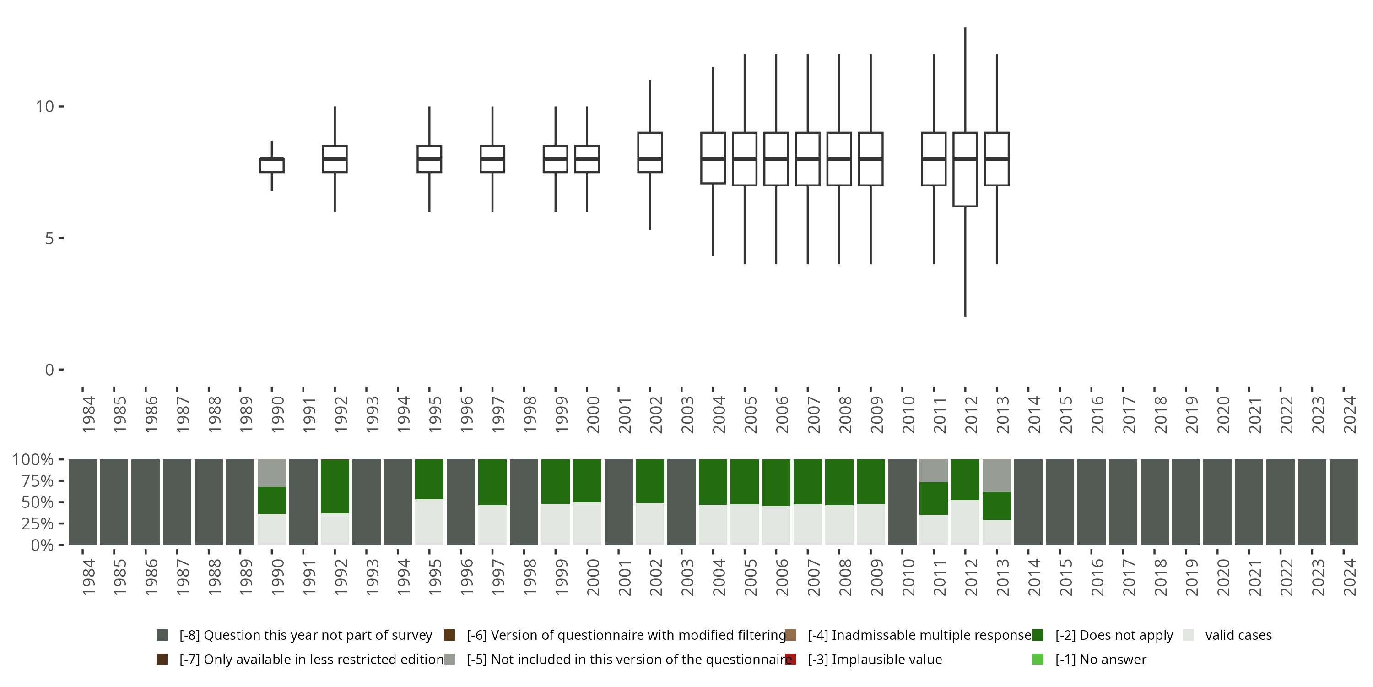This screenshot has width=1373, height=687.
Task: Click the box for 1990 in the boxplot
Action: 272,165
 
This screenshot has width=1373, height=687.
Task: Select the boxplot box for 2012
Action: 965,181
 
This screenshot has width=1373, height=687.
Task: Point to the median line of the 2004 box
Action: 713,159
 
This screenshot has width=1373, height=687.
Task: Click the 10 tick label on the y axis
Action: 45,107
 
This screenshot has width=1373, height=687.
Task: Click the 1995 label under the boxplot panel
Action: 435,414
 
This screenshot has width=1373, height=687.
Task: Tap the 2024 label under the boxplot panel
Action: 1350,414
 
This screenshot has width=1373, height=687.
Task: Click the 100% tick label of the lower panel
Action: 33,460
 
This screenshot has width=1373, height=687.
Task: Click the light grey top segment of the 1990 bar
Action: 272,473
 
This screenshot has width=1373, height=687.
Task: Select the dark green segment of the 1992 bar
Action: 335,486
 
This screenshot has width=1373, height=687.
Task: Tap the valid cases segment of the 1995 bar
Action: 430,522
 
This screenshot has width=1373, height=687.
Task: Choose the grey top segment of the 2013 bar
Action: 997,476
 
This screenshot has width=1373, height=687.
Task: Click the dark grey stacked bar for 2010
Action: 903,502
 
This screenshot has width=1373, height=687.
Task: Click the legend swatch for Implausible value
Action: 790,659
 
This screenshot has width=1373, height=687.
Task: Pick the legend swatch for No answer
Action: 1038,659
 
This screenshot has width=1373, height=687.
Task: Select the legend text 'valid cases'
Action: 1238,635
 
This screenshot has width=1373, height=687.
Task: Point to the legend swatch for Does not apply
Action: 1038,635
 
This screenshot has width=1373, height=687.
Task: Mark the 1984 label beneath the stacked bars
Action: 88,577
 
